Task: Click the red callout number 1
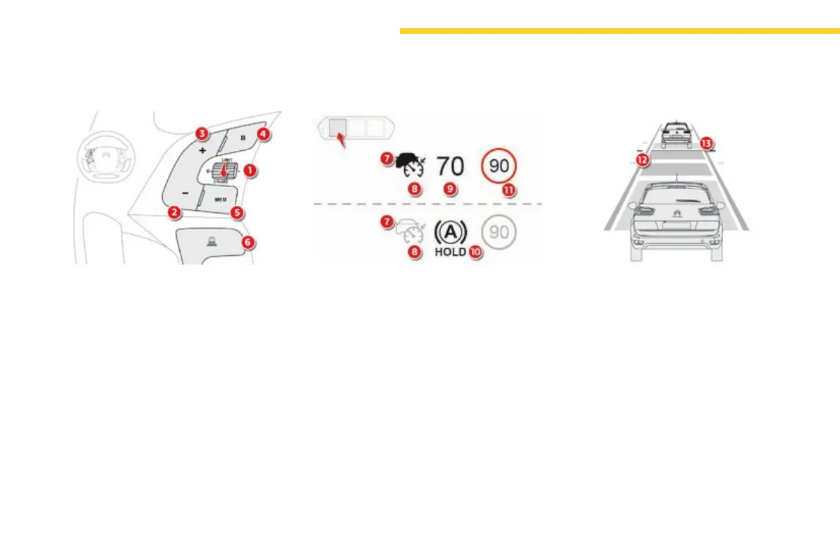pos(250,170)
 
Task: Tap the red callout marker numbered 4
pos(262,133)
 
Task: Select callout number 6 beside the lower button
pos(247,242)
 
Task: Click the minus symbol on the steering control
pos(184,193)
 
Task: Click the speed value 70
pos(451,166)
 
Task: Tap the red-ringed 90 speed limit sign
pos(499,166)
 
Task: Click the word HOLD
pos(451,251)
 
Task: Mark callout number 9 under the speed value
pos(449,189)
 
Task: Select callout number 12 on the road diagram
pos(643,160)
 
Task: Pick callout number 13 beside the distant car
pos(706,142)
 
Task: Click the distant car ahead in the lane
pos(675,133)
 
